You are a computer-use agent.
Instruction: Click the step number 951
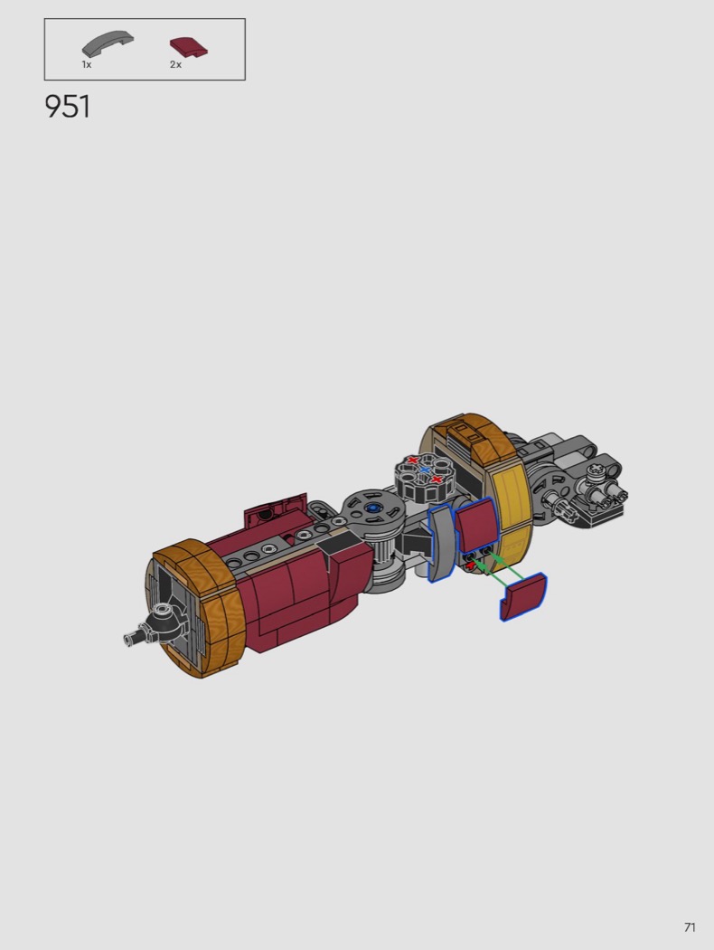click(67, 107)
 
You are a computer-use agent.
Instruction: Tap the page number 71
click(690, 927)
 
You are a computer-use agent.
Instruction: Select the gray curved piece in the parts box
click(108, 46)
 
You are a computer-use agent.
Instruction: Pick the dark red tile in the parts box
click(189, 47)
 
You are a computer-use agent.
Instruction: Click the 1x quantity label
click(87, 64)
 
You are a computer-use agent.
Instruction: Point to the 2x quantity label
click(175, 64)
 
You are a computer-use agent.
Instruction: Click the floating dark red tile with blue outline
click(522, 596)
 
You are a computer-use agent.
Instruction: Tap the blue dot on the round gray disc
click(372, 508)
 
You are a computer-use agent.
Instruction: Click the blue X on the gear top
click(425, 470)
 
